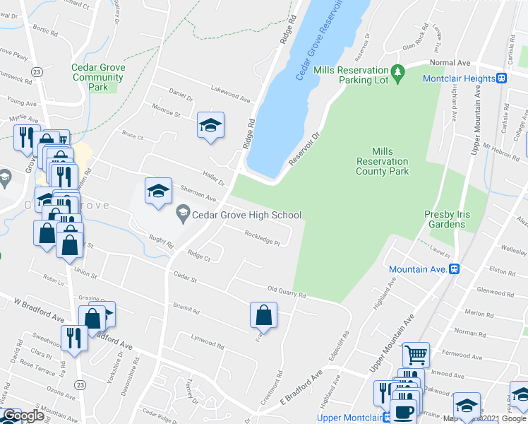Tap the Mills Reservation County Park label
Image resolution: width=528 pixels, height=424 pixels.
[x=382, y=161]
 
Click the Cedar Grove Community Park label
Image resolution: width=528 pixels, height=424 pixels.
[x=98, y=77]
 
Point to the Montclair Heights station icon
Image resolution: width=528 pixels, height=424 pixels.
[x=502, y=78]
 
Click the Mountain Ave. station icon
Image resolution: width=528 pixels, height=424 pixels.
[x=455, y=269]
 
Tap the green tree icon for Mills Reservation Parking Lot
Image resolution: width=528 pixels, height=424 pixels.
[x=397, y=71]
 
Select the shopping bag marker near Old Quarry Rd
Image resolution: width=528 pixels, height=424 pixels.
[x=263, y=314]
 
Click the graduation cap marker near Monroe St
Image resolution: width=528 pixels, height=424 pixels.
[x=210, y=125]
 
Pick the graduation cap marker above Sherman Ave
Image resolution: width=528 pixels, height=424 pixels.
[x=159, y=190]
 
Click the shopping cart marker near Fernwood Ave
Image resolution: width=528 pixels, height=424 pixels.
[x=416, y=354]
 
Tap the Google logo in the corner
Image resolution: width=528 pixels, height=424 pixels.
[x=23, y=416]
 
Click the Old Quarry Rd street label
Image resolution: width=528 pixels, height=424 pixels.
[x=286, y=290]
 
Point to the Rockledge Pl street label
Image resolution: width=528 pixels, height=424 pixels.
[x=263, y=237]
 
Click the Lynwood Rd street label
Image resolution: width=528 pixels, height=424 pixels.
[x=208, y=341]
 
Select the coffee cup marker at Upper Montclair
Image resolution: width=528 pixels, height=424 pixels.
[x=404, y=411]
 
